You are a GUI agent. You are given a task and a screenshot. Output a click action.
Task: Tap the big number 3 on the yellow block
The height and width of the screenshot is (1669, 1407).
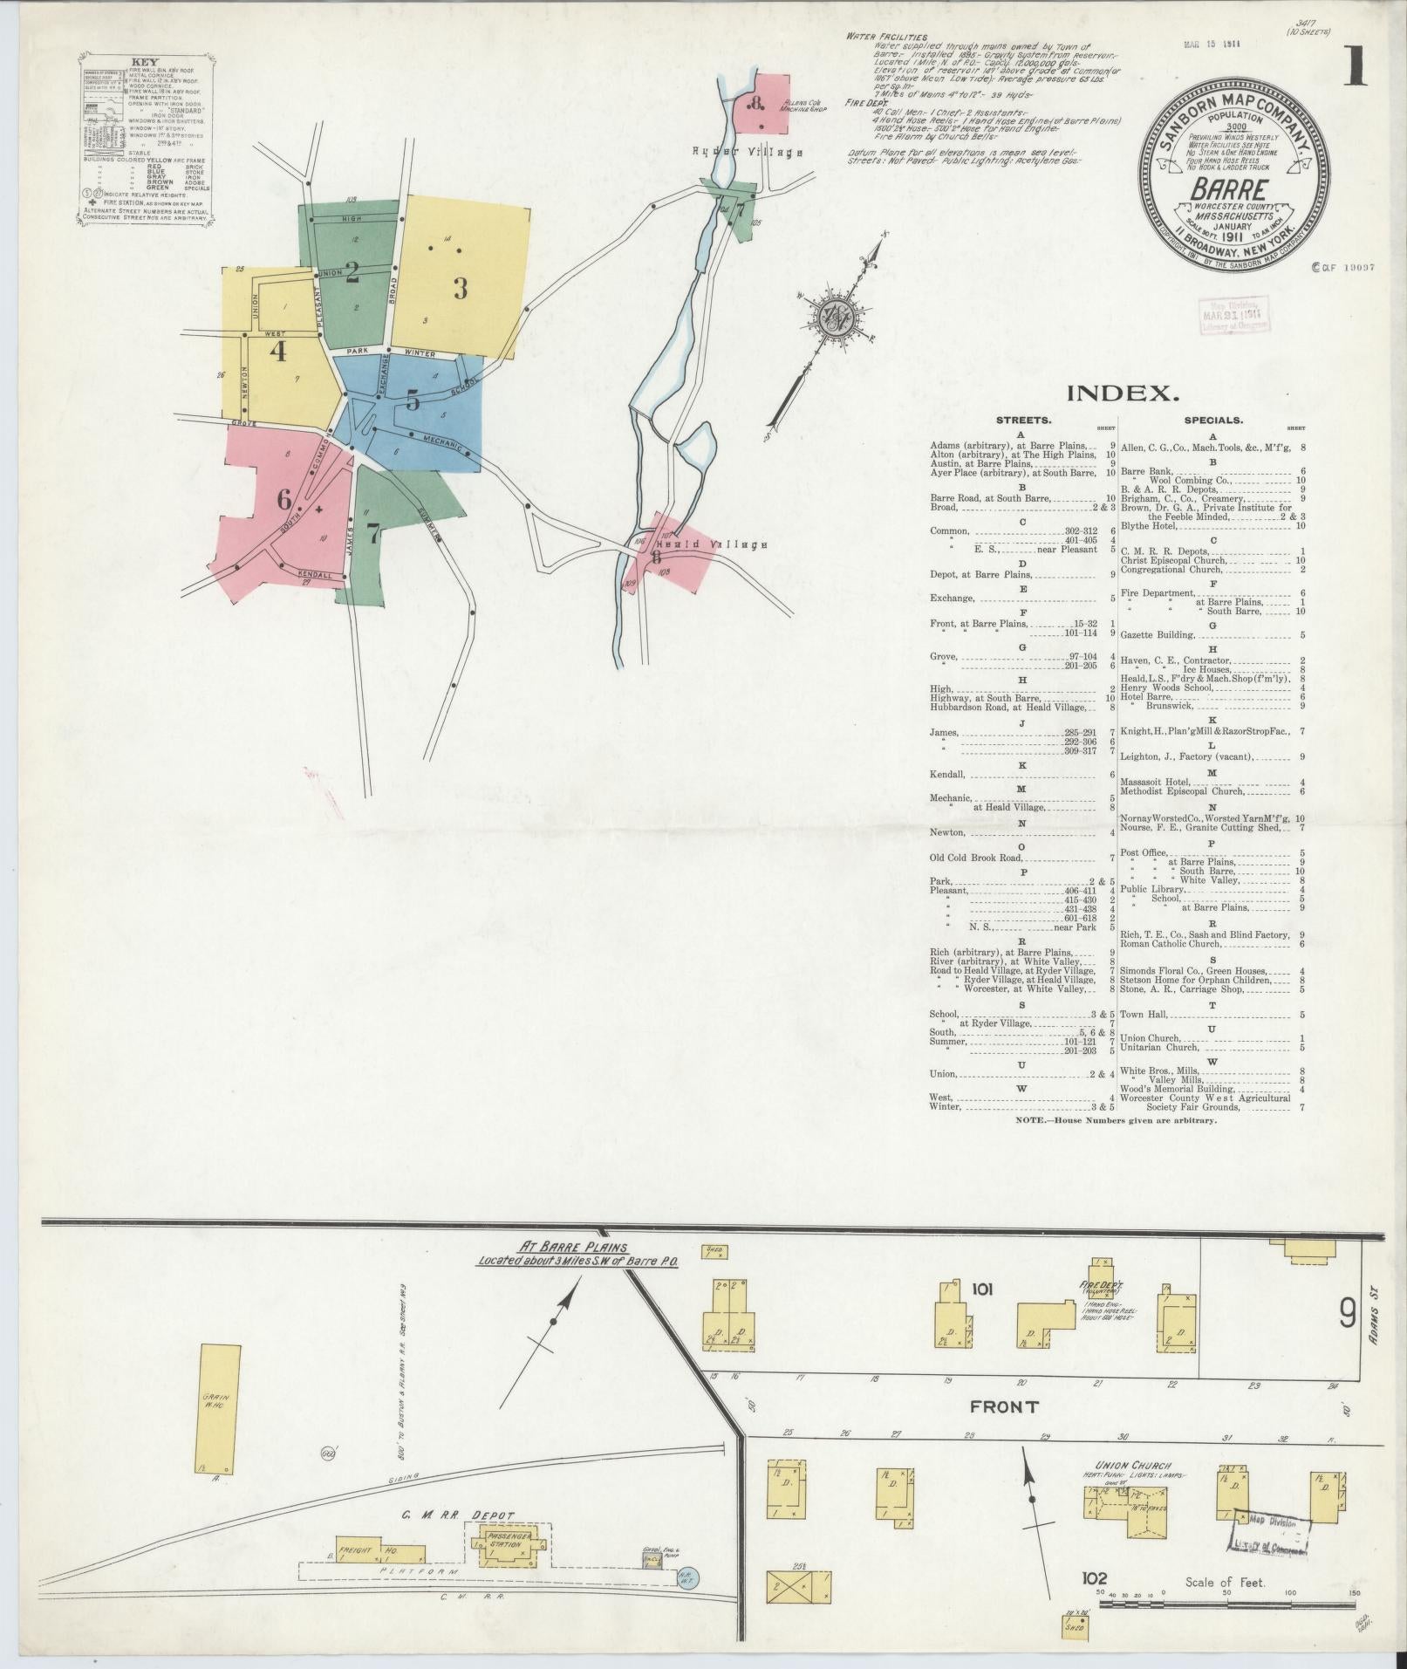click(460, 287)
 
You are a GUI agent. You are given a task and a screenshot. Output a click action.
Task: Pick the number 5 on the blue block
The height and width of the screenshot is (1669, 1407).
click(413, 400)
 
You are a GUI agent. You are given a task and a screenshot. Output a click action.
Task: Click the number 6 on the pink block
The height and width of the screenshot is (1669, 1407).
click(283, 501)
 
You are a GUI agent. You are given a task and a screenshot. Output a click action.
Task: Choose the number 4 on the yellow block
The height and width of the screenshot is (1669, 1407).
click(278, 352)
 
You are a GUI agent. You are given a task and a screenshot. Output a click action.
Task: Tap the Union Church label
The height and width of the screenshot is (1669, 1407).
click(1132, 1466)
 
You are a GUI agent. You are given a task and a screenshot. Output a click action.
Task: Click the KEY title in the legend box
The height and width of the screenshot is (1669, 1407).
click(145, 62)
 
